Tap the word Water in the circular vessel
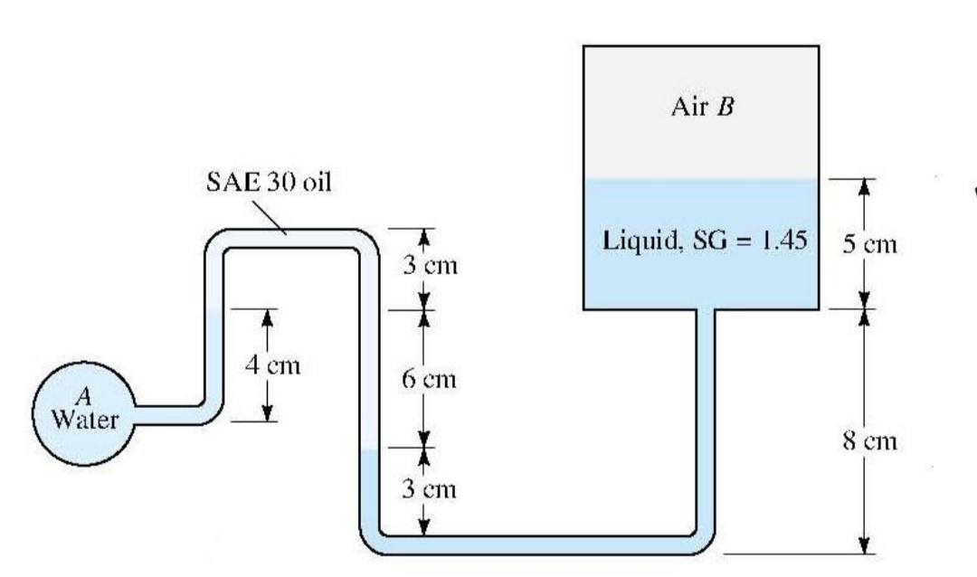point(83,421)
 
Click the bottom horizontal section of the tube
point(543,544)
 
